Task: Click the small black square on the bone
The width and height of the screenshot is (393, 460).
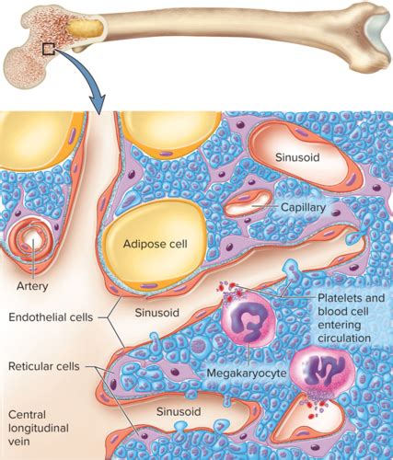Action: pyautogui.click(x=49, y=49)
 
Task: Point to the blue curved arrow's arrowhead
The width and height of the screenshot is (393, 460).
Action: pyautogui.click(x=98, y=104)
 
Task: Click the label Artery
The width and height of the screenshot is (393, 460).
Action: pyautogui.click(x=32, y=286)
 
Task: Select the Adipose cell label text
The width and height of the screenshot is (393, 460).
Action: pyautogui.click(x=155, y=244)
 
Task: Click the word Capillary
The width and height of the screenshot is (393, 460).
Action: pyautogui.click(x=303, y=208)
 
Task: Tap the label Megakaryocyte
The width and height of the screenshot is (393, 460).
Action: pyautogui.click(x=247, y=373)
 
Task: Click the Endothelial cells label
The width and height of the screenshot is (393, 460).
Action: pyautogui.click(x=51, y=317)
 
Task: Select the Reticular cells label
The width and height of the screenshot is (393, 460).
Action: pyautogui.click(x=44, y=366)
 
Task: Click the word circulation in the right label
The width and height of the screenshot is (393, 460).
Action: pyautogui.click(x=344, y=339)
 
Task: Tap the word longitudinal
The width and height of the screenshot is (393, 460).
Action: pyautogui.click(x=39, y=428)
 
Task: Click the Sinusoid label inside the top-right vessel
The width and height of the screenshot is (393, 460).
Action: pyautogui.click(x=297, y=157)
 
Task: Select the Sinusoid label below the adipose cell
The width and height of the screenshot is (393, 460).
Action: pyautogui.click(x=156, y=313)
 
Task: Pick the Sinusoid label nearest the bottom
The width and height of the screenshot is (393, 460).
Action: pyautogui.click(x=179, y=411)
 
